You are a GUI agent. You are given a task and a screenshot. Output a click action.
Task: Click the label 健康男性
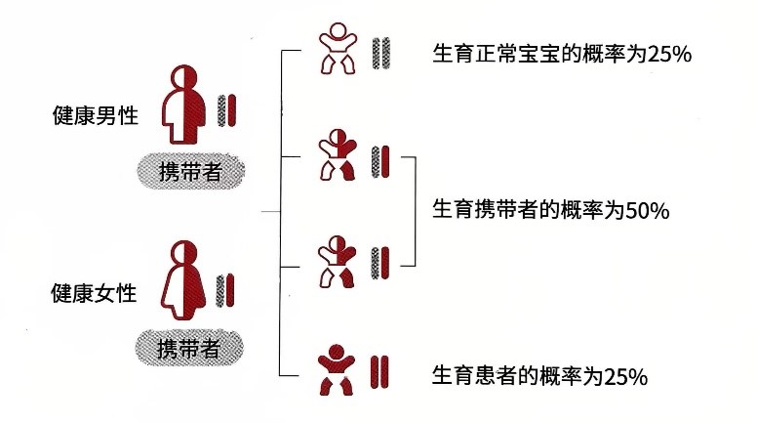point(95,115)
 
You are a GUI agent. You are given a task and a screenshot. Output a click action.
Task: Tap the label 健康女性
point(95,291)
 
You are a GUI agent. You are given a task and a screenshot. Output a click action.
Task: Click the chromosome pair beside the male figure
point(227,109)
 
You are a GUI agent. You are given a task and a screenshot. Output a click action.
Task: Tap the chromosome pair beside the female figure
point(227,288)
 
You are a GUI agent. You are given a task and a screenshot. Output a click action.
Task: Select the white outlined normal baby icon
point(339,50)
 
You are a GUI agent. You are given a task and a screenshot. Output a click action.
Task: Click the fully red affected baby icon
point(339,370)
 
